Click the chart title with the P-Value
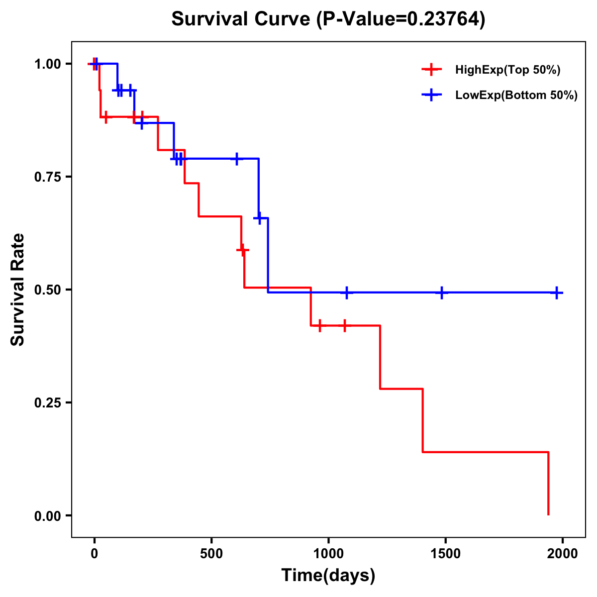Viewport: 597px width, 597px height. click(x=328, y=19)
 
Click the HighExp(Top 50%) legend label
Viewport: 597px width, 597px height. click(x=507, y=70)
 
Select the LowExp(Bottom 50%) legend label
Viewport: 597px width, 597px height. click(x=516, y=96)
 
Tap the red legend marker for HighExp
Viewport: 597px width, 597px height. click(x=431, y=70)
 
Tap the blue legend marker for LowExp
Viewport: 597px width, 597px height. click(x=431, y=95)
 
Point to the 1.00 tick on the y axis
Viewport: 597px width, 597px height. click(x=47, y=64)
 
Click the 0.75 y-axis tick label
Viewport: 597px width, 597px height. click(x=47, y=177)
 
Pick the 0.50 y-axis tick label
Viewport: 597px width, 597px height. click(x=47, y=290)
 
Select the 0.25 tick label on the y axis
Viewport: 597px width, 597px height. click(x=47, y=403)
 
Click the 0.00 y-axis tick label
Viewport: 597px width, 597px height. click(x=47, y=516)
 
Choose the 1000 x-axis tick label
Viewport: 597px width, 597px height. click(x=328, y=554)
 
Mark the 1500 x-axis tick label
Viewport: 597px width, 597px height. click(x=445, y=554)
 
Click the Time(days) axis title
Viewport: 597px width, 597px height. click(x=328, y=576)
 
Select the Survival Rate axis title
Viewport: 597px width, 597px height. click(x=18, y=290)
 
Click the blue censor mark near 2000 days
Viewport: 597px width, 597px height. click(x=557, y=293)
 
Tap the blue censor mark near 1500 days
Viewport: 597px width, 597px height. click(x=441, y=293)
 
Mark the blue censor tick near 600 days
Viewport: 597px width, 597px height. click(x=237, y=159)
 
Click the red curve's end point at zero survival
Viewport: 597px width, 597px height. click(x=548, y=514)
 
